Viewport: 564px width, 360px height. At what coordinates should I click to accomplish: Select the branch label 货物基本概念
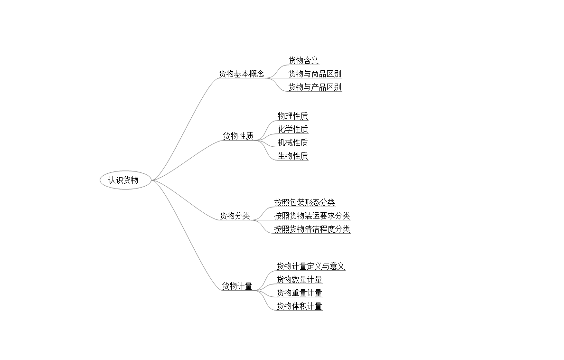(x=241, y=74)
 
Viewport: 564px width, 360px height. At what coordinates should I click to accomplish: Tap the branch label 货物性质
(x=238, y=136)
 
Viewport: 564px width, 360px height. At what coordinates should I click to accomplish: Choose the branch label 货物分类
(x=235, y=216)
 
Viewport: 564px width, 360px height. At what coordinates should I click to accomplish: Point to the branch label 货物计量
(x=237, y=286)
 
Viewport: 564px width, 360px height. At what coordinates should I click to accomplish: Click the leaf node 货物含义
(x=304, y=60)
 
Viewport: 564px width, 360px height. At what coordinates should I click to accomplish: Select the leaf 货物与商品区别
(x=315, y=74)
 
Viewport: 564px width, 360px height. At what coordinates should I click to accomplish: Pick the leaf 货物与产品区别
(x=315, y=87)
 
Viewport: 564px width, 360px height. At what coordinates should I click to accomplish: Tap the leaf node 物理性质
(x=292, y=116)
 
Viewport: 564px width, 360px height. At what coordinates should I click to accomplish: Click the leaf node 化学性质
(x=292, y=129)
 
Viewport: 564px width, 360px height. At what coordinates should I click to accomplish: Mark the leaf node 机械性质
(x=292, y=142)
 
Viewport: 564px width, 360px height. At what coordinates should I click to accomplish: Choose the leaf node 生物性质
(x=292, y=156)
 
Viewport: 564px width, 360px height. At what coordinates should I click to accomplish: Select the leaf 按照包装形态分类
(x=304, y=203)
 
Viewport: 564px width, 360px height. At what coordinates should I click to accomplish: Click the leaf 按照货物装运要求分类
(x=312, y=216)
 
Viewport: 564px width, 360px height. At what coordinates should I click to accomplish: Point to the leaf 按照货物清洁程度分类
(x=312, y=229)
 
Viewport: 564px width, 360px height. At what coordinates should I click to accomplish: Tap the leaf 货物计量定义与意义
(x=310, y=266)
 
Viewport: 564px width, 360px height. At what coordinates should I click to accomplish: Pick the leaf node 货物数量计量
(x=299, y=280)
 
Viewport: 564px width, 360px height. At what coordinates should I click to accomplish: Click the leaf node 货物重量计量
(x=299, y=293)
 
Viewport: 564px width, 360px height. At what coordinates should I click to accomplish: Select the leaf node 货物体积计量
(x=299, y=306)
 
